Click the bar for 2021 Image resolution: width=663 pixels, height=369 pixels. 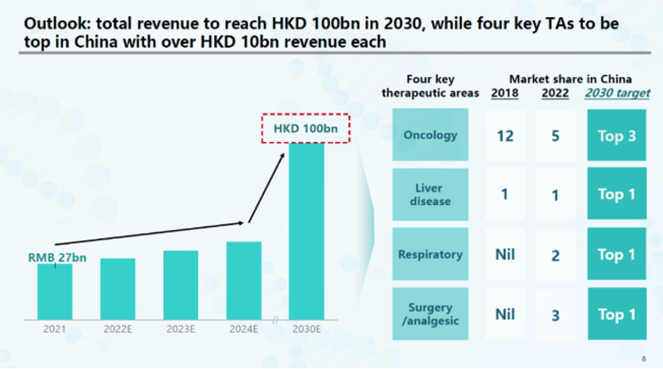coord(54,292)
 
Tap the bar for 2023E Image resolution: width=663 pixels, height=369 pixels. coord(180,285)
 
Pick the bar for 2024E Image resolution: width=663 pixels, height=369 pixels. coord(243,281)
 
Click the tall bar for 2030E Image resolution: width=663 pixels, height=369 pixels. coord(306,230)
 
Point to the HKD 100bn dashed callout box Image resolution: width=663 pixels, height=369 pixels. coord(305,128)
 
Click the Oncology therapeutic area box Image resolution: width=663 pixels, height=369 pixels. coord(430,135)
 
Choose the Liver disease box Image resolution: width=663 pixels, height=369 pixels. coord(430,195)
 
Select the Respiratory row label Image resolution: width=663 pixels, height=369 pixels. coord(430,255)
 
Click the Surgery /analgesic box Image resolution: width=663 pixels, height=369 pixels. coord(430,315)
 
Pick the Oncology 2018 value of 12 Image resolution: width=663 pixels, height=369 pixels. coord(505,136)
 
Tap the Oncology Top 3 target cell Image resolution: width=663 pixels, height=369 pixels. coord(617,136)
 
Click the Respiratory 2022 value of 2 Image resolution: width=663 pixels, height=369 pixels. coord(556,255)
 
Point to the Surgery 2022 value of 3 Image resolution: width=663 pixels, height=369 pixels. coord(556,315)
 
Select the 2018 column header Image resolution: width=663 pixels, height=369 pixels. coord(504,94)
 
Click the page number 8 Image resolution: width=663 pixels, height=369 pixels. coord(643,358)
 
